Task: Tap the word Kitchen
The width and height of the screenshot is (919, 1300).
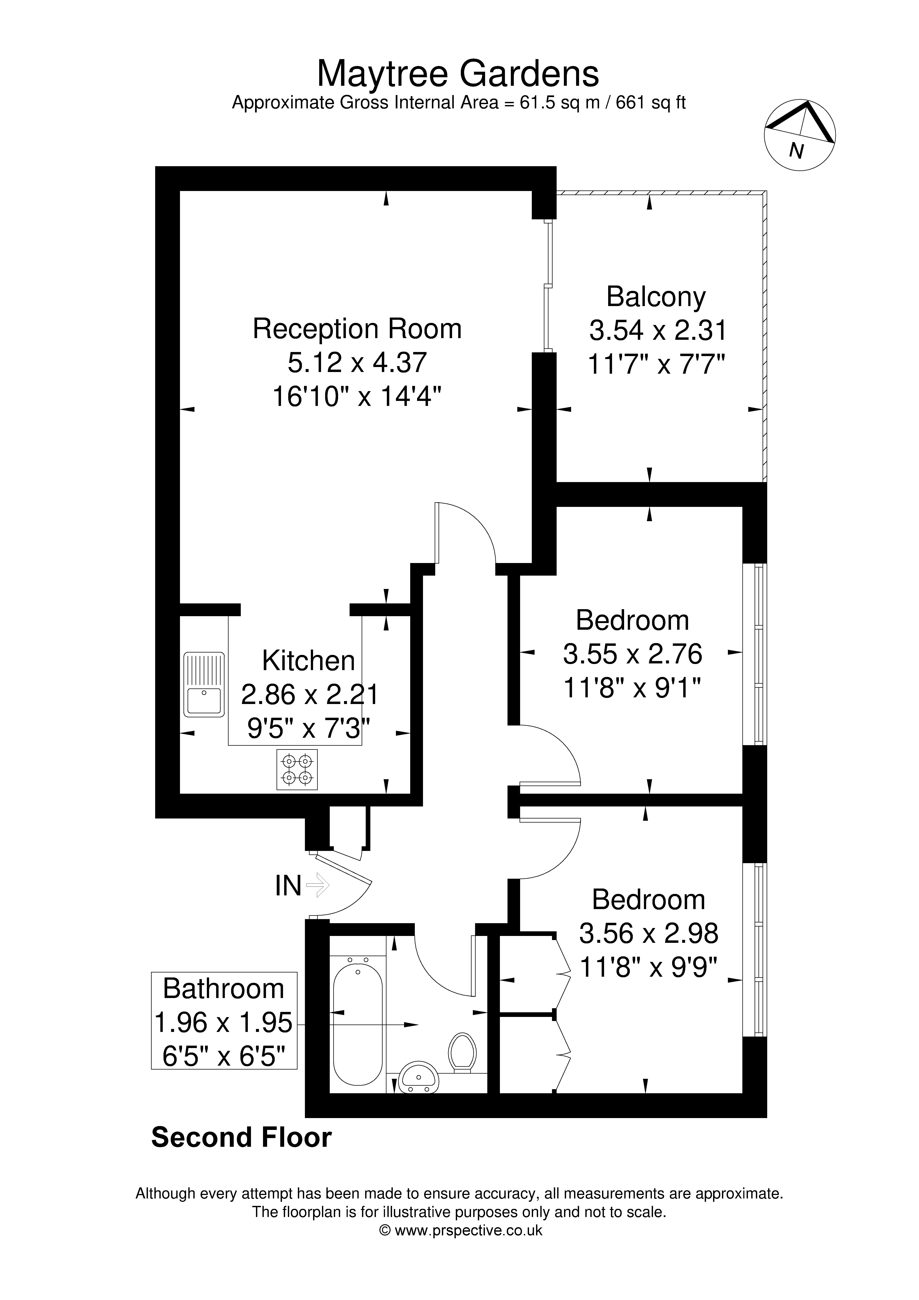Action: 309,661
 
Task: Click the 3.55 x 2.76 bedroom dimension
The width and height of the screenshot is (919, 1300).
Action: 632,655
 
